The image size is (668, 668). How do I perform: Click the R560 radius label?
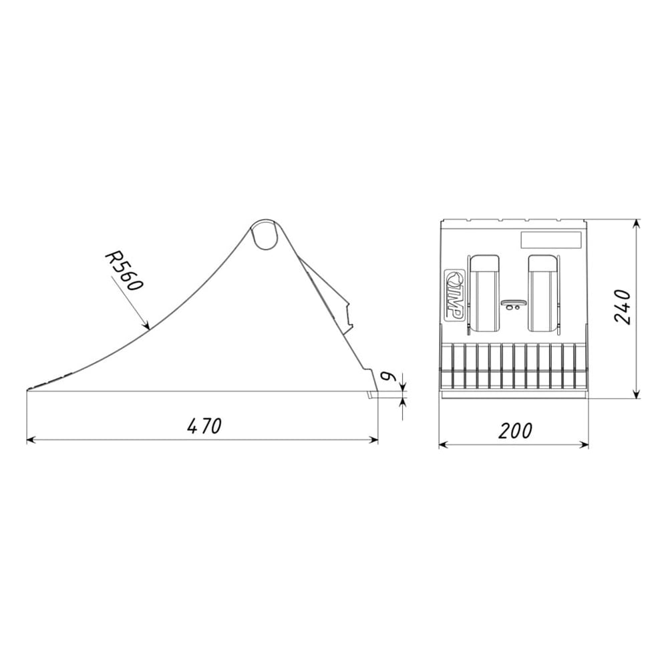(124, 271)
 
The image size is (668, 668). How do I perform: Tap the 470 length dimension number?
(204, 426)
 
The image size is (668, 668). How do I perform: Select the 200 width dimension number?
(516, 431)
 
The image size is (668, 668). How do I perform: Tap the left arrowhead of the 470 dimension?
(31, 440)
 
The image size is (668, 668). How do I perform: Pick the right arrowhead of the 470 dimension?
(374, 440)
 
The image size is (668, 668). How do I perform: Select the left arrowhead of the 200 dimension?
(444, 445)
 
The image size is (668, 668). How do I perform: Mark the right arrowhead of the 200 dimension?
(584, 445)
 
